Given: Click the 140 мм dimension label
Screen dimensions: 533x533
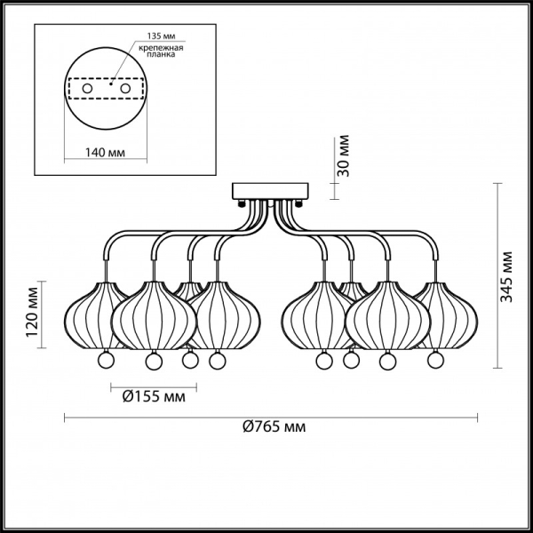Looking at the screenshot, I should click(103, 153).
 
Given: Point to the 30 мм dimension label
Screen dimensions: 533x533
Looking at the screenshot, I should click(345, 155).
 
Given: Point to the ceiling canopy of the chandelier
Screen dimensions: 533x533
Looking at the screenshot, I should click(269, 191).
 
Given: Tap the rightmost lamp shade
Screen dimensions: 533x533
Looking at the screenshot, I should click(449, 315).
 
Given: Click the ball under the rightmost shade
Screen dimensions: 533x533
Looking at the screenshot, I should click(434, 360).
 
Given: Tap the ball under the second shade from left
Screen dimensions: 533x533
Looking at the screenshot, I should click(153, 362).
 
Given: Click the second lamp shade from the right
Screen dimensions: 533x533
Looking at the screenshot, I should click(387, 315).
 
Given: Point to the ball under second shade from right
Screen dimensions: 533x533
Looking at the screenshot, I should click(387, 362).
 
